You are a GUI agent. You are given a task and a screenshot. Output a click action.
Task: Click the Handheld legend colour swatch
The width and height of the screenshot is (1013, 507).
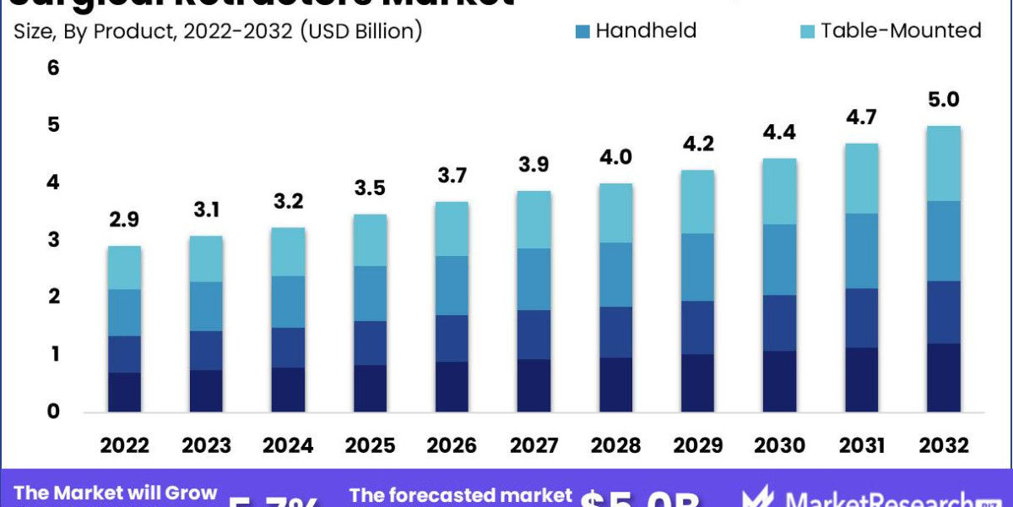[x=582, y=31]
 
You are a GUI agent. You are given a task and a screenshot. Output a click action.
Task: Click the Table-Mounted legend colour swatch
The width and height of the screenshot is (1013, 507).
[x=805, y=31]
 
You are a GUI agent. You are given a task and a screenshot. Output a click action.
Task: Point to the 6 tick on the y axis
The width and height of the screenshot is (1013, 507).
[x=53, y=68]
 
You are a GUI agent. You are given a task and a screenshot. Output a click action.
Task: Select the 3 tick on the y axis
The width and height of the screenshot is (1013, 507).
[x=53, y=240]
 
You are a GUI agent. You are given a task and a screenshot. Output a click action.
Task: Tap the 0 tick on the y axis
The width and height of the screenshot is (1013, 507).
[x=53, y=412]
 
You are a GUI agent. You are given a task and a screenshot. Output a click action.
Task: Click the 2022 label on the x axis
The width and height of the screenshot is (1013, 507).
[x=125, y=445]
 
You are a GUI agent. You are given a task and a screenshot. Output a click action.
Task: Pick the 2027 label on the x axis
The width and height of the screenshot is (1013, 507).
[x=534, y=445]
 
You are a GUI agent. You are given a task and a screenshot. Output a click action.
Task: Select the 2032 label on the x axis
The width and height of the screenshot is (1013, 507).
[x=944, y=445]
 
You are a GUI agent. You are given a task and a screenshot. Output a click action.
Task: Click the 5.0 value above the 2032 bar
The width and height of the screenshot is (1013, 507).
[x=944, y=100]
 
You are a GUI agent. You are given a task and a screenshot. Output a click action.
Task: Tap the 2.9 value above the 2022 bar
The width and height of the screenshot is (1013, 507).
[x=125, y=220]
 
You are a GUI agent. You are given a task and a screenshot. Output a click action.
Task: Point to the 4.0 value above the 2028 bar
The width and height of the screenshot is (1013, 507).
[x=616, y=157]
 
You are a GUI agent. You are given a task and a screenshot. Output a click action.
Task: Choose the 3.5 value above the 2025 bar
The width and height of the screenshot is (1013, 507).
[x=371, y=188]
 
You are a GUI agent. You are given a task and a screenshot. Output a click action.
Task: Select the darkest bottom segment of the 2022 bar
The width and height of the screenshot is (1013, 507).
[x=125, y=392]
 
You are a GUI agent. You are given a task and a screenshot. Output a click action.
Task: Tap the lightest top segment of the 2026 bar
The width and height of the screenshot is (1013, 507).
[x=452, y=228]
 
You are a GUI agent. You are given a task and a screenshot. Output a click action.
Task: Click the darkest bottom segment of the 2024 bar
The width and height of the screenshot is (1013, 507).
[x=289, y=390]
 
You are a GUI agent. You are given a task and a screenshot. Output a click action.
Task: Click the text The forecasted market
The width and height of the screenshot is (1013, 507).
[x=460, y=496]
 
